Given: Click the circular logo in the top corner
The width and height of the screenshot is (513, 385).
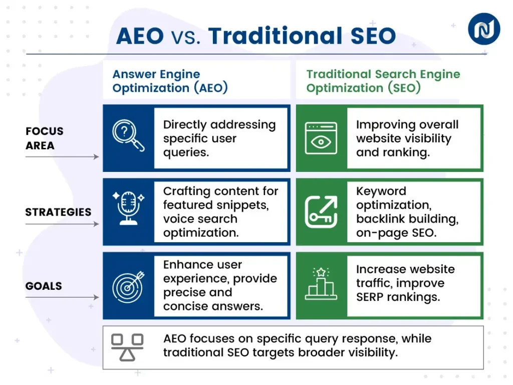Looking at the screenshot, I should tap(483, 29).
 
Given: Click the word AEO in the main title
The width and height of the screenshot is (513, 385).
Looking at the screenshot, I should tap(140, 36).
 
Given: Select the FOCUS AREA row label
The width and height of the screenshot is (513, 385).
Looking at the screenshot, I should tap(45, 138).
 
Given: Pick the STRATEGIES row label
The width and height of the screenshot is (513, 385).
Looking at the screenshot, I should tap(58, 212).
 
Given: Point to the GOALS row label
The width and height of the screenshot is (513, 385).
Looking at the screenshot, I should tap(44, 286).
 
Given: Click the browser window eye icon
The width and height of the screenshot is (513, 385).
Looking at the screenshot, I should tap(321, 138).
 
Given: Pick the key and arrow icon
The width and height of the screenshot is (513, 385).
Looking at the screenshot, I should tap(321, 212).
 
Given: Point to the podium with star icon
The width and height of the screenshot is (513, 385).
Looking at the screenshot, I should tap(321, 285).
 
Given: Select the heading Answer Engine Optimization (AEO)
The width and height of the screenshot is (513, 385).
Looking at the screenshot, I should tap(170, 81).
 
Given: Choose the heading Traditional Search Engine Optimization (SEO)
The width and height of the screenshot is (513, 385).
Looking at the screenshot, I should tap(383, 81).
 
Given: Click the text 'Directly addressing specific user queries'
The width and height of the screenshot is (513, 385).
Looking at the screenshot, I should tap(219, 138).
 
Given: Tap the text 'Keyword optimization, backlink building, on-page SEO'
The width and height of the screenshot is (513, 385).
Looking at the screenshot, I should tap(407, 212).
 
